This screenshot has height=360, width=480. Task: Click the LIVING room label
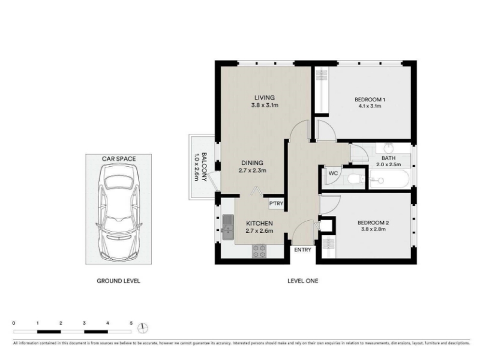265,98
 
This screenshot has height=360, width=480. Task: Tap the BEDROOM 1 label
370,100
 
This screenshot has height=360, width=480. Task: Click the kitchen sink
228,227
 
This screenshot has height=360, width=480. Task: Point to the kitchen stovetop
259,251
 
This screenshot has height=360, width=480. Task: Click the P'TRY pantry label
276,203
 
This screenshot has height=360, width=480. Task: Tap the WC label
333,173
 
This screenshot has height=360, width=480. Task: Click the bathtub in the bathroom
389,179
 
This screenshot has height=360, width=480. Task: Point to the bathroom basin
389,148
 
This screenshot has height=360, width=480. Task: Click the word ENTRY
302,250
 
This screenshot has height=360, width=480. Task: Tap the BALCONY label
205,167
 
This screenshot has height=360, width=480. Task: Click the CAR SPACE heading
119,158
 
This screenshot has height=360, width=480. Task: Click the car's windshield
119,183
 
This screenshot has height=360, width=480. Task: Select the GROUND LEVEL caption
118,281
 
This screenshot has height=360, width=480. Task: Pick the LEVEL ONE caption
303,281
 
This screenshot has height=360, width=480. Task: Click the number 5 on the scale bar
131,323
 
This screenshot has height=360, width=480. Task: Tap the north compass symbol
143,328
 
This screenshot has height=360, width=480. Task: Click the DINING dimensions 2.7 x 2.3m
252,170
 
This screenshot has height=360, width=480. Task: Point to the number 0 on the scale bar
14,323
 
